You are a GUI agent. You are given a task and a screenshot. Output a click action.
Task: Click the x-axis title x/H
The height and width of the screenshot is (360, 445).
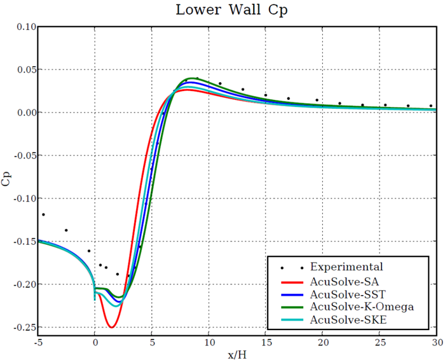point(238,354)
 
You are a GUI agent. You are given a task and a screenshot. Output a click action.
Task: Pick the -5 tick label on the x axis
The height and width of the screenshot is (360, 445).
point(38,342)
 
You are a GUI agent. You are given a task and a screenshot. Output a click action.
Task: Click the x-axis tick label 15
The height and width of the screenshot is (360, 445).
point(266,342)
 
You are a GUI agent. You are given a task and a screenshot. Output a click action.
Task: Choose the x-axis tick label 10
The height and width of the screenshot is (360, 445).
point(209,342)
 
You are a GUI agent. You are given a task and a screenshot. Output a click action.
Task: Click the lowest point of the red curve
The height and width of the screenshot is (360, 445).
point(111,327)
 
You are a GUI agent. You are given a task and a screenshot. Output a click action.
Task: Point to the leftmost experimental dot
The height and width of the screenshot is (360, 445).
point(43,214)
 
